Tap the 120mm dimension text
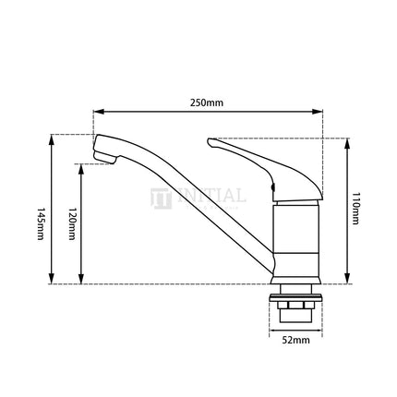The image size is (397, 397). (x=71, y=224)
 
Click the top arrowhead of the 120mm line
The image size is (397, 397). (x=83, y=169)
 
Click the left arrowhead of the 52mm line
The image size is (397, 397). (x=278, y=337)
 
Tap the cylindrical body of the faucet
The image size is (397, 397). (x=297, y=242)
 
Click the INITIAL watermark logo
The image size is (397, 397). (x=198, y=197)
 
